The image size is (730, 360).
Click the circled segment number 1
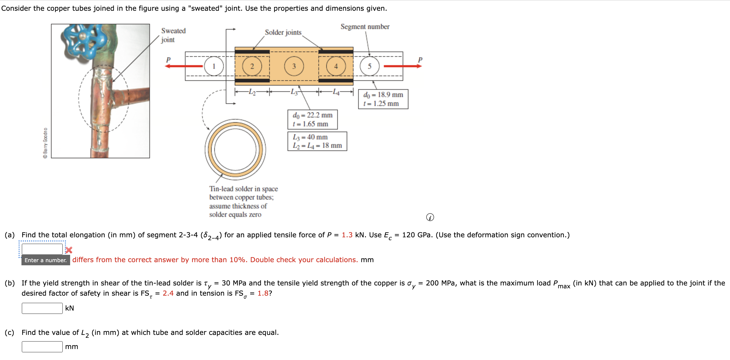(214, 66)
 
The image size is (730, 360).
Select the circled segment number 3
(294, 66)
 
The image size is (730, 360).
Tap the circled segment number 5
(369, 66)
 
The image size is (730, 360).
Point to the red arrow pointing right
(402, 66)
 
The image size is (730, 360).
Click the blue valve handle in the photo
(84, 40)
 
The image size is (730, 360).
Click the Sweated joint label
(173, 35)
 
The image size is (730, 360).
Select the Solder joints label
(283, 32)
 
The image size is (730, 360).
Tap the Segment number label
(365, 27)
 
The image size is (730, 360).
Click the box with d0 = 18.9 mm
(383, 99)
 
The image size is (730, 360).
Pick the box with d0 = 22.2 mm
(312, 119)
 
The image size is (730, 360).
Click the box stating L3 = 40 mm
(317, 141)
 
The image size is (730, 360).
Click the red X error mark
(69, 250)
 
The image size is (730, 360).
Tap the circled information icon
(430, 217)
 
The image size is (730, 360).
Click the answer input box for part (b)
(42, 308)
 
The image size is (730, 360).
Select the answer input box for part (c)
(42, 346)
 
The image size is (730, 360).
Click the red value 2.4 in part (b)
(168, 293)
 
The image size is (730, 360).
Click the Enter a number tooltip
(46, 260)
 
